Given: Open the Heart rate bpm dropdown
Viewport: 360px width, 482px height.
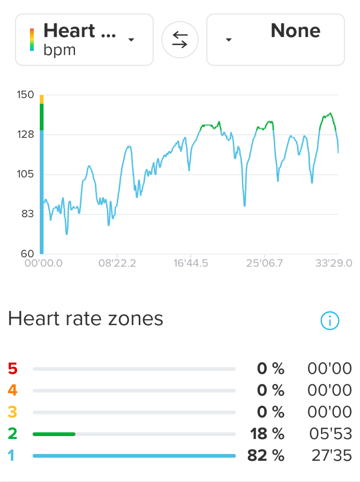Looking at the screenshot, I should pyautogui.click(x=84, y=40).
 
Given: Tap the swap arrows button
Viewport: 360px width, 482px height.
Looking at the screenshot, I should pyautogui.click(x=180, y=40).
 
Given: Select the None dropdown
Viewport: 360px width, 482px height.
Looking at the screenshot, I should pyautogui.click(x=276, y=40).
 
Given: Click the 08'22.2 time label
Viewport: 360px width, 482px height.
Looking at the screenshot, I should pyautogui.click(x=117, y=263).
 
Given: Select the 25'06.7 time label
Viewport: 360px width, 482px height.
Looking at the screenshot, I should pyautogui.click(x=264, y=263).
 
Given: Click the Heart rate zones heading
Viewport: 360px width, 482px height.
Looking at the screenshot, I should pyautogui.click(x=86, y=319).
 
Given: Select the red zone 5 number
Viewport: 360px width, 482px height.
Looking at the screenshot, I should pyautogui.click(x=13, y=369).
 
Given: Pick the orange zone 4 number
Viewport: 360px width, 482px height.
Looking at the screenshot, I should pyautogui.click(x=13, y=390).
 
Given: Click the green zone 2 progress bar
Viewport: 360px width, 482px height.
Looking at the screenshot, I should pyautogui.click(x=54, y=434).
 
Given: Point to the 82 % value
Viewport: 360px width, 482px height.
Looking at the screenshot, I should pyautogui.click(x=265, y=455).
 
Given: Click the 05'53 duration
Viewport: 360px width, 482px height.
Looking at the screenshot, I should pyautogui.click(x=330, y=434).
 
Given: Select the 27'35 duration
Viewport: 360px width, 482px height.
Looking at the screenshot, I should pyautogui.click(x=331, y=455).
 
